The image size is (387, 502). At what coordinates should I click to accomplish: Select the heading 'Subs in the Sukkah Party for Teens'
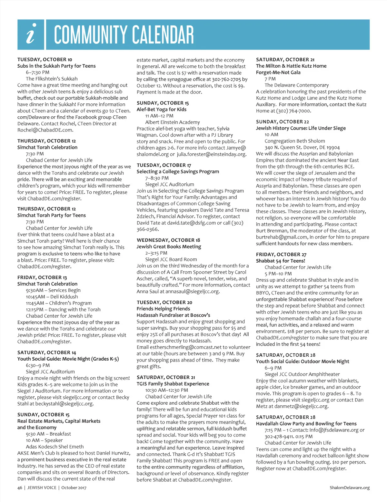(x=56, y=66)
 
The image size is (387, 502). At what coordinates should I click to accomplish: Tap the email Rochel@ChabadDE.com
(x=45, y=130)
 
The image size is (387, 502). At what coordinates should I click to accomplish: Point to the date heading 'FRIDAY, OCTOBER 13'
(x=42, y=277)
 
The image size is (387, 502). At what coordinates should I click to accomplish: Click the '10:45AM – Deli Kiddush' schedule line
(x=52, y=297)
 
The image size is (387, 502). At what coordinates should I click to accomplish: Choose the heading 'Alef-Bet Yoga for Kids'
(x=161, y=110)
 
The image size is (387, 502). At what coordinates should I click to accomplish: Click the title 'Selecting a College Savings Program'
(x=178, y=172)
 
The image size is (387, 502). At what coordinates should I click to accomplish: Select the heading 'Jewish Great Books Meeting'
(x=169, y=246)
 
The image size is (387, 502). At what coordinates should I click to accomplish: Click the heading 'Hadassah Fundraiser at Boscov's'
(x=173, y=315)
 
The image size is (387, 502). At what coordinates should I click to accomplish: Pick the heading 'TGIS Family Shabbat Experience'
(x=173, y=384)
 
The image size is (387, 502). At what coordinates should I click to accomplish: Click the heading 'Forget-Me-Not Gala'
(x=278, y=72)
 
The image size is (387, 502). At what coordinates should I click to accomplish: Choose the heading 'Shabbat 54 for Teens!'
(x=280, y=261)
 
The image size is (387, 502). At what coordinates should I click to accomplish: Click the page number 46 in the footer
(x=20, y=488)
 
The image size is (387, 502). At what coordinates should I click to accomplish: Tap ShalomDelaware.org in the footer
(x=350, y=488)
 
